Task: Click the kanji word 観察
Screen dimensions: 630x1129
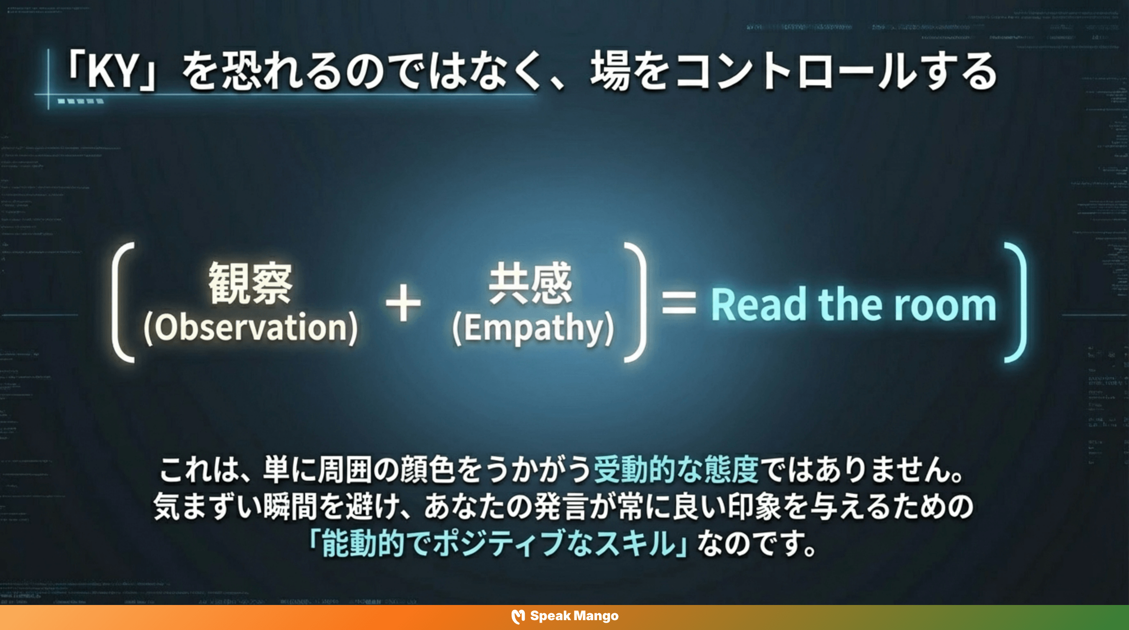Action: pos(250,283)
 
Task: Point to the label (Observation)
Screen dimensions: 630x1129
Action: pos(251,328)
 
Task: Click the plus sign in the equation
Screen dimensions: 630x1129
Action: pos(403,303)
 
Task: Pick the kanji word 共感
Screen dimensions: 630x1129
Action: pos(531,283)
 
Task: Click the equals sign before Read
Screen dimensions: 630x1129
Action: pos(679,303)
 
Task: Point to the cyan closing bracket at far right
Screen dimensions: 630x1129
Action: pos(1018,302)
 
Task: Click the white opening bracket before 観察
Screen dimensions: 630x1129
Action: pos(122,302)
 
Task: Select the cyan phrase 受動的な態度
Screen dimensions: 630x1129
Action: pos(676,470)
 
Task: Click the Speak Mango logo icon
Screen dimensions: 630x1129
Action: pos(518,616)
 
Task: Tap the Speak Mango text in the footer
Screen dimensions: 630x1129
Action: pos(574,616)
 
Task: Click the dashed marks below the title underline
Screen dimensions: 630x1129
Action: pos(81,102)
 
